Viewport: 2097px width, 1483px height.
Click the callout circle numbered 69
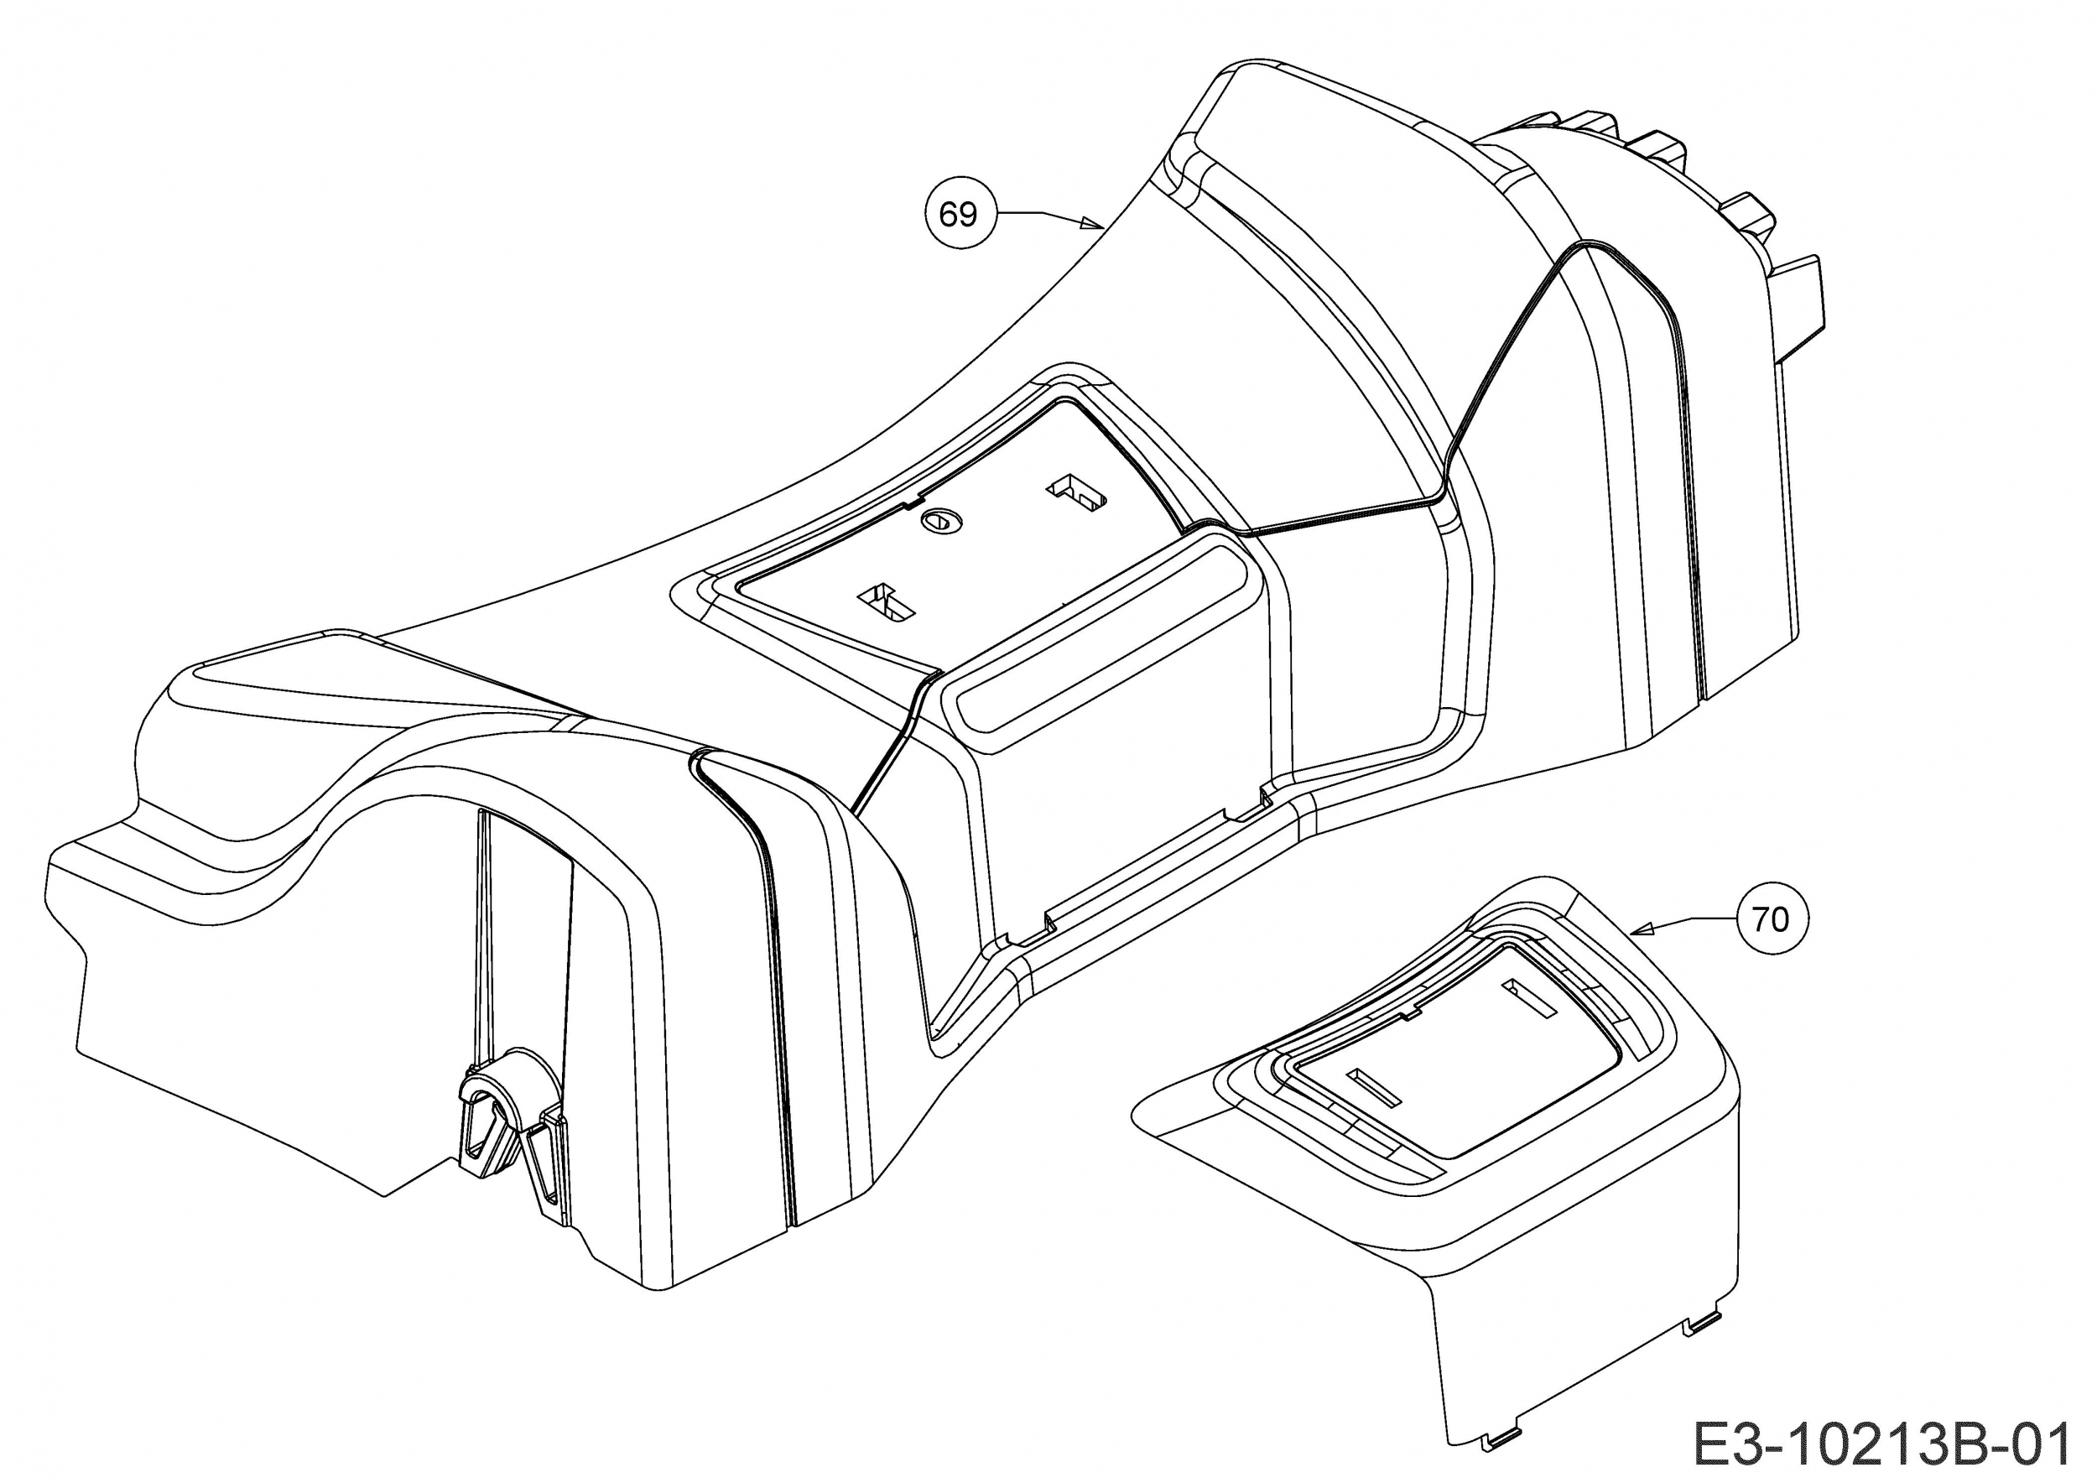pyautogui.click(x=958, y=215)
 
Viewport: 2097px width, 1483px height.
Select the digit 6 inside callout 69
pyautogui.click(x=947, y=216)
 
